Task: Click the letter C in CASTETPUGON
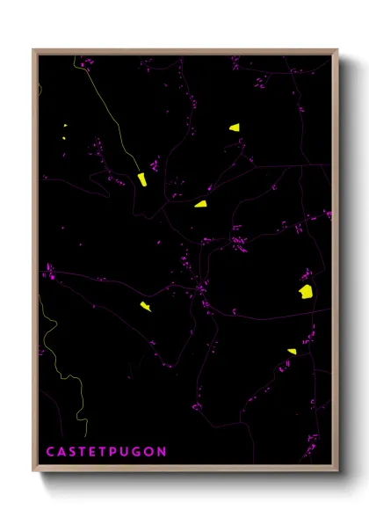51,452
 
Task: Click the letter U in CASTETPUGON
130,452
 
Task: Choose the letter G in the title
141,452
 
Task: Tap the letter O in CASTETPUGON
152,452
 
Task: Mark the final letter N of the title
163,452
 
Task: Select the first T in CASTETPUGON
85,452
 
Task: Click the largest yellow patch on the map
306,291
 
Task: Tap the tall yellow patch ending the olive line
141,179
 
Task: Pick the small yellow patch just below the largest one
292,352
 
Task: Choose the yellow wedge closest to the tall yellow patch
200,203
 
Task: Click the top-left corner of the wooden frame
34,50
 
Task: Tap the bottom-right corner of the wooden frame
336,470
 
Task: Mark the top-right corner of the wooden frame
336,50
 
